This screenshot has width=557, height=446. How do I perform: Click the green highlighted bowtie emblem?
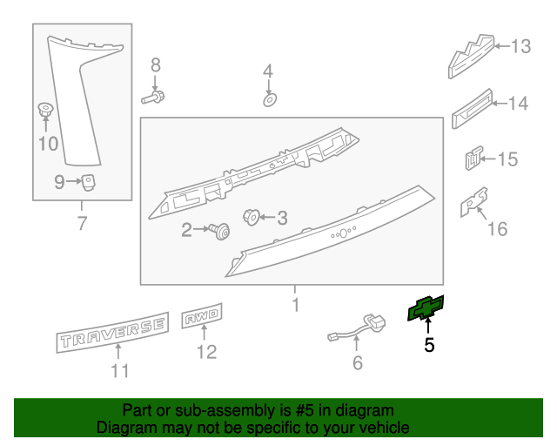[426, 308]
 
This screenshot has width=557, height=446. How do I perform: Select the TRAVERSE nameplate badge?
[111, 332]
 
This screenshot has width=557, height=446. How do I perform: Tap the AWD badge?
[203, 319]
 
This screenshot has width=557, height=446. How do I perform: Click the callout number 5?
[429, 346]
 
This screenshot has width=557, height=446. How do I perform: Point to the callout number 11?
[119, 371]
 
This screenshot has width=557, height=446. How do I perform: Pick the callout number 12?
[206, 352]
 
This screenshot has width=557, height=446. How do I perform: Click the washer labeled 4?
[269, 100]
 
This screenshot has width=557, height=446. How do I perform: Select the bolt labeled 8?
[154, 97]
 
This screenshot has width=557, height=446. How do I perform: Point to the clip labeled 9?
[88, 181]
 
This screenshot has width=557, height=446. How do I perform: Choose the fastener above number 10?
[45, 111]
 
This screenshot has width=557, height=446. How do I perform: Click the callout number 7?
[82, 224]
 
